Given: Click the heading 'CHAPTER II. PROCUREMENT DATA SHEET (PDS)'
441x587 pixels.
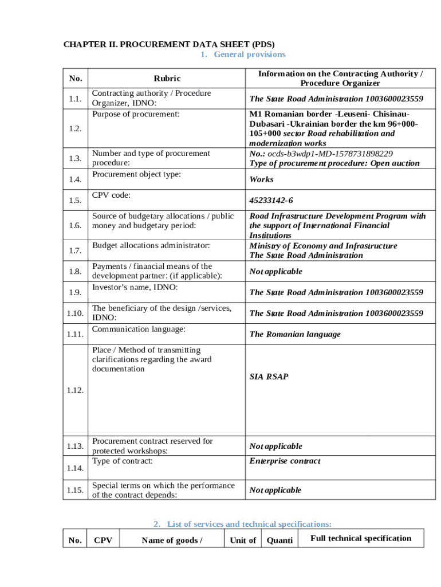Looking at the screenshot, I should (x=168, y=44).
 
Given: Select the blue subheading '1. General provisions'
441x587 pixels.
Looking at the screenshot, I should (x=242, y=54).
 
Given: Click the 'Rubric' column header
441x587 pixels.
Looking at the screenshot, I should (x=167, y=79).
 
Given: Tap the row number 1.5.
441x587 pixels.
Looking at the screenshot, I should (x=74, y=200).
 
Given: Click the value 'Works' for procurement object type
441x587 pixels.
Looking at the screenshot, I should (x=261, y=179).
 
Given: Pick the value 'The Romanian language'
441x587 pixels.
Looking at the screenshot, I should (x=294, y=334).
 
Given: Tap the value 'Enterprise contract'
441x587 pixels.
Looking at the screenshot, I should (x=285, y=461).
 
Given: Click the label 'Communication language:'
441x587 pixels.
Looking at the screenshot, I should (x=139, y=329).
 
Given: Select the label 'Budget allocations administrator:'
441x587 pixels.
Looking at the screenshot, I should (x=151, y=245).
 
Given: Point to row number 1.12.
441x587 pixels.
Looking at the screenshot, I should (x=74, y=390).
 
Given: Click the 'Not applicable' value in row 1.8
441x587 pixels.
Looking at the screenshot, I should (x=275, y=271).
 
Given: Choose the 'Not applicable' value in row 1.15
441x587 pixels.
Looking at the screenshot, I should (x=275, y=490).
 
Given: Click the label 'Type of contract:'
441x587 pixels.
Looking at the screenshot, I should (x=123, y=461).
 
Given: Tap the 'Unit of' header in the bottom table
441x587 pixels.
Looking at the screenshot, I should (x=243, y=540).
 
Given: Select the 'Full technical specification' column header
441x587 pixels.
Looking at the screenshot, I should (x=360, y=538).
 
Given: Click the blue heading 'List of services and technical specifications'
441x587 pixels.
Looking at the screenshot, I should (x=242, y=524).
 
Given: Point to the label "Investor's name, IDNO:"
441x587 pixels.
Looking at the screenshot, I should (x=135, y=287).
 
